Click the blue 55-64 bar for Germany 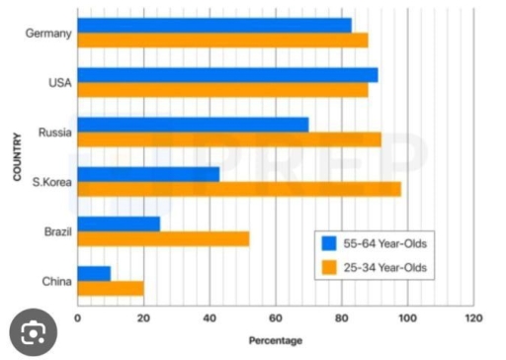[x=213, y=25]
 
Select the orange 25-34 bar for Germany [x=221, y=41]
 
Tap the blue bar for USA [x=226, y=75]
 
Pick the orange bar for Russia [x=228, y=139]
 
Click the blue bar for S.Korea [x=148, y=174]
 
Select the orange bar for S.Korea [x=238, y=189]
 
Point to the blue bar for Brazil [x=119, y=224]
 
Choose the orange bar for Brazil [x=163, y=238]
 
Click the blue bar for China [x=94, y=273]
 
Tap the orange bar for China [x=110, y=288]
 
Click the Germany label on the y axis [x=49, y=34]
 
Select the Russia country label [x=53, y=133]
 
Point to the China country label [x=55, y=281]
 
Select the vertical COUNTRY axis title [x=18, y=157]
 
